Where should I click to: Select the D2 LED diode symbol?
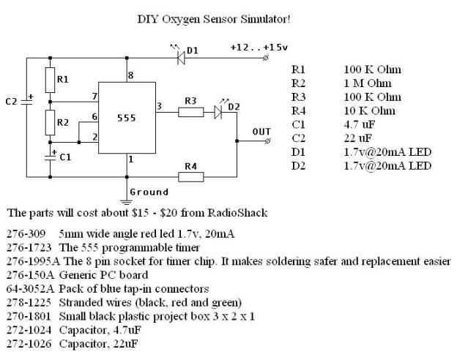pos(219,112)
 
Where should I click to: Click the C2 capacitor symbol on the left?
pos(27,102)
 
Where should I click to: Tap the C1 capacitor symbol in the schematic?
pos(50,157)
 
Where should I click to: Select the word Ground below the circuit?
pos(149,192)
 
